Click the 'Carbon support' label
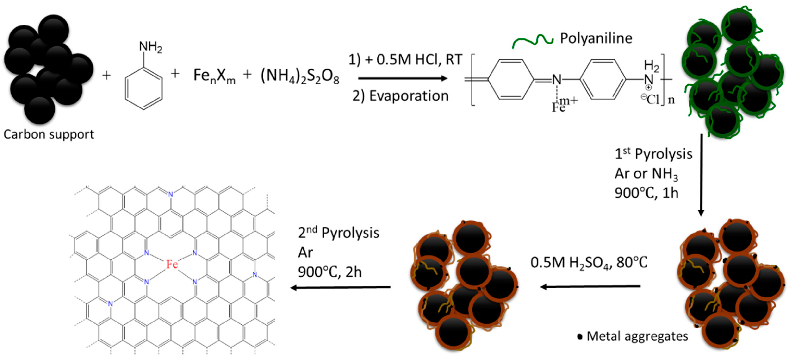point(48,134)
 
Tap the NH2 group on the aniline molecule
point(150,47)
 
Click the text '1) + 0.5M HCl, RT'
point(405,59)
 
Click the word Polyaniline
point(596,38)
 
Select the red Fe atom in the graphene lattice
point(172,264)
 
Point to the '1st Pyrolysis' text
point(653,154)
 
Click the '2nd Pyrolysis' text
point(338,233)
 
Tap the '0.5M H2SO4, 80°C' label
point(589,263)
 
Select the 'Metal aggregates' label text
point(637,336)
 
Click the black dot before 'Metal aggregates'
point(579,337)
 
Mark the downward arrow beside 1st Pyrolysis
point(701,175)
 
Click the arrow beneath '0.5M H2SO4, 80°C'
point(590,286)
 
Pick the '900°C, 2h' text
point(329,272)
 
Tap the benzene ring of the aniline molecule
point(143,88)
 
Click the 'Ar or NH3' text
point(646,174)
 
